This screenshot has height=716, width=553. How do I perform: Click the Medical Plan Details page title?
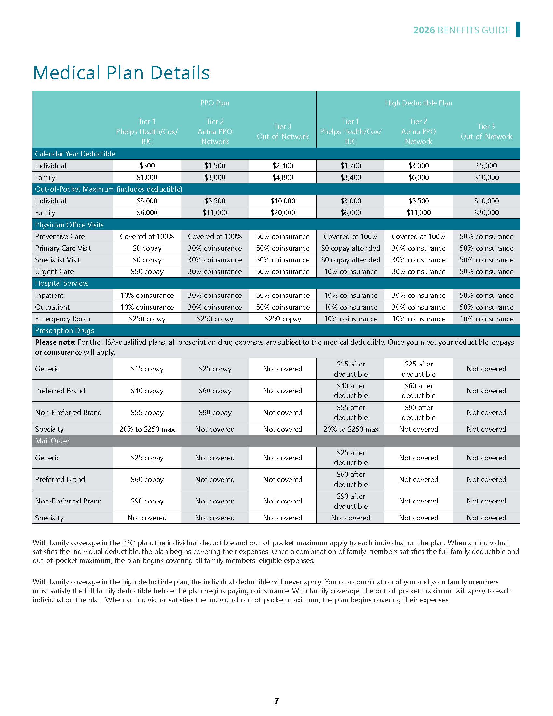[121, 73]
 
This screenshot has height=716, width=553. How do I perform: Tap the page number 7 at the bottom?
[276, 701]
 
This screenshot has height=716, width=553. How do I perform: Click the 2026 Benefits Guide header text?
[462, 30]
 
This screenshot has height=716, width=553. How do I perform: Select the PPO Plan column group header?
[215, 103]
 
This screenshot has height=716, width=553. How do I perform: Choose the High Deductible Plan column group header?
[418, 103]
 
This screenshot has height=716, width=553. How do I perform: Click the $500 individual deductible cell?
[147, 166]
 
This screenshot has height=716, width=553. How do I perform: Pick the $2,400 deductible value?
[283, 166]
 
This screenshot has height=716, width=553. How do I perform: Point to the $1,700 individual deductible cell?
[351, 166]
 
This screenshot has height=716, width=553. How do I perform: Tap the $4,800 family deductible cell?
[283, 178]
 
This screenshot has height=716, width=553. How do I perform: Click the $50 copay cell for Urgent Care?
[147, 272]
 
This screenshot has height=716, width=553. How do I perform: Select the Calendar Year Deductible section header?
[75, 154]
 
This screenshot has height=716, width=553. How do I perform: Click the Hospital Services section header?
[62, 283]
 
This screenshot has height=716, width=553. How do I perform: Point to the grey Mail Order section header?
[52, 441]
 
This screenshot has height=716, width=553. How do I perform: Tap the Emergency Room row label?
[62, 319]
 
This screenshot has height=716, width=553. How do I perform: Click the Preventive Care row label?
[60, 237]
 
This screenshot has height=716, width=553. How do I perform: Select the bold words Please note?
[55, 342]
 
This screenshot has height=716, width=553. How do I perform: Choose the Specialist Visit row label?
[58, 260]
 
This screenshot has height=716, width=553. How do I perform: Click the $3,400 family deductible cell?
[351, 178]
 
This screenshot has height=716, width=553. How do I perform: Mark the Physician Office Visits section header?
[70, 225]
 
